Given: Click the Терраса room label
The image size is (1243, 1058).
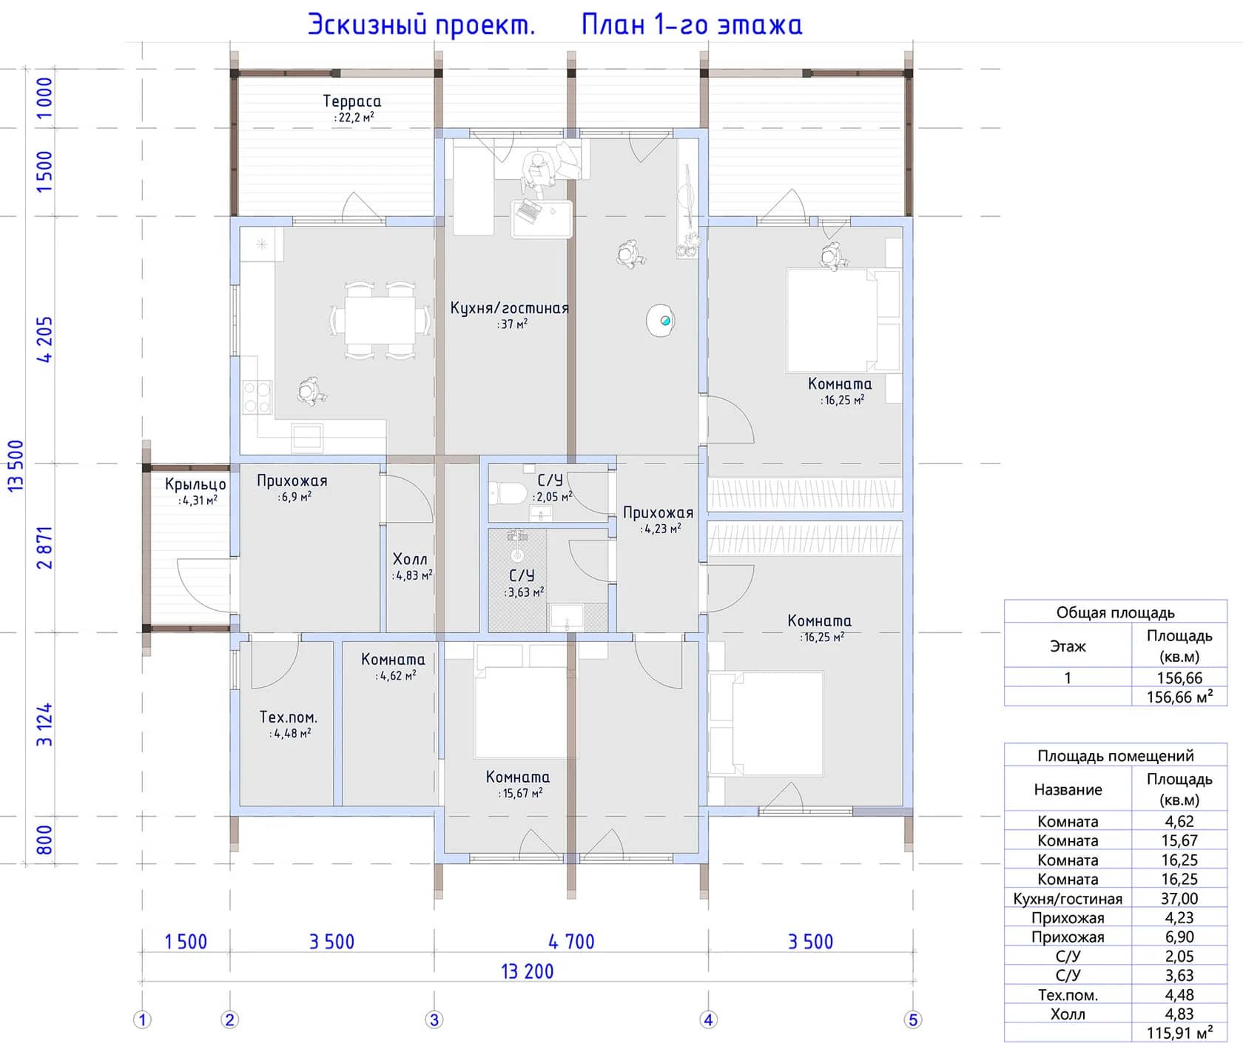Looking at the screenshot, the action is point(352,101).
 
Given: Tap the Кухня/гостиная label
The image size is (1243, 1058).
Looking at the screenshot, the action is point(510,308).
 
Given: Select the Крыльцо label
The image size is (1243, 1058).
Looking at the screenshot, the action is point(195,484).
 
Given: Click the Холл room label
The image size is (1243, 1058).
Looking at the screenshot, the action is point(410,559).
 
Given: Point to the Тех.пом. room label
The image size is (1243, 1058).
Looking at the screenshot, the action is point(289,717).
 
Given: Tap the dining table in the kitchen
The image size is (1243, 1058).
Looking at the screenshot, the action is point(380,320).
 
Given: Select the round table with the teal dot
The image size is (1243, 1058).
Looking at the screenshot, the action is point(661,321).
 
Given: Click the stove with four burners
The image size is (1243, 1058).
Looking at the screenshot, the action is point(257,397).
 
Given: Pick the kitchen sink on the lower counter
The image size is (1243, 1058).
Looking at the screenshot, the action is point(307,437).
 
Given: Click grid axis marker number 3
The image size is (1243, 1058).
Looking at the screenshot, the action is point(434,1020).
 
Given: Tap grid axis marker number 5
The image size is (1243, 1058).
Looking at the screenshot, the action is point(913,1020).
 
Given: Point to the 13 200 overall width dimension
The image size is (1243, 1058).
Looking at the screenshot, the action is point(528,971).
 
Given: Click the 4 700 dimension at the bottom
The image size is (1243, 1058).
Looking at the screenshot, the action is point(571,942).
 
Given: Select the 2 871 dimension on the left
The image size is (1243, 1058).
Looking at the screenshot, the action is point(45,548).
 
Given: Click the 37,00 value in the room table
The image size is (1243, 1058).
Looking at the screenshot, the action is point(1179,898).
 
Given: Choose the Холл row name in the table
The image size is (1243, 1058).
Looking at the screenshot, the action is point(1068,1014).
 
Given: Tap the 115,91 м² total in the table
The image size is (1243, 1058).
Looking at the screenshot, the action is point(1179,1033).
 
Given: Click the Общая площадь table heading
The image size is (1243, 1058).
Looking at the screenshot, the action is point(1115,612).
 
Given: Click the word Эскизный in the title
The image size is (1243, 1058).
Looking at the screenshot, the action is point(368,25).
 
